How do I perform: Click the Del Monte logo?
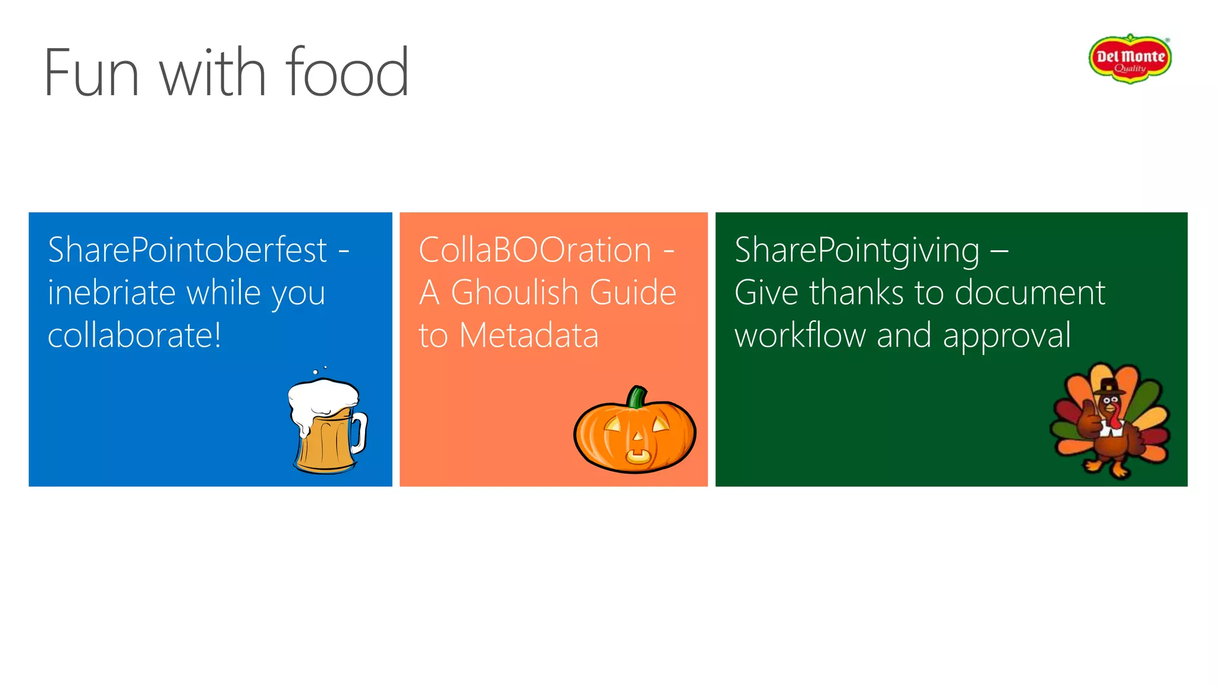(1129, 58)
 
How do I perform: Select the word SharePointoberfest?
(187, 250)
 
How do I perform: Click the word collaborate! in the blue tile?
(134, 335)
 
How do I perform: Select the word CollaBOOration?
(535, 250)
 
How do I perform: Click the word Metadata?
(529, 335)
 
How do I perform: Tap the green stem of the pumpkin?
(636, 397)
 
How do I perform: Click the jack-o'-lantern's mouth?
(637, 457)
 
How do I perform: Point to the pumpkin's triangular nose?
(638, 437)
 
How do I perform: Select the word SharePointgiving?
(857, 250)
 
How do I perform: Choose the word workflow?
(800, 335)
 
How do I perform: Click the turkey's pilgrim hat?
(1109, 386)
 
